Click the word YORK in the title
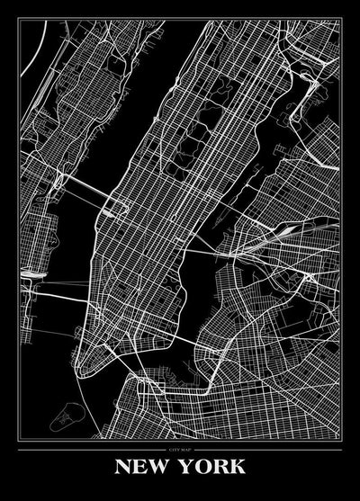tap(212, 469)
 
